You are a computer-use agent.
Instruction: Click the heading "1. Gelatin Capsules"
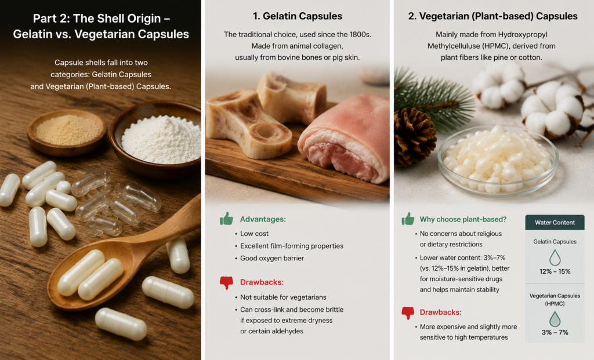point(298,16)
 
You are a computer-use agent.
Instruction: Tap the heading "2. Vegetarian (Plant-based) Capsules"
point(493,16)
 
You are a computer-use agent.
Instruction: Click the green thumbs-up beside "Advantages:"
point(227,219)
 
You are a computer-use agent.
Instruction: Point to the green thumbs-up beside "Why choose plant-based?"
point(408,219)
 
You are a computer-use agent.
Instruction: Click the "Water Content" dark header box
point(555,223)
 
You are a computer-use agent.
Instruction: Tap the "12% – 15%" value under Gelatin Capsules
point(555,271)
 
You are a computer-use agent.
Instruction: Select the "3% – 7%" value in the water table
point(555,332)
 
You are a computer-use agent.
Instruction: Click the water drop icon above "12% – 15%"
point(555,257)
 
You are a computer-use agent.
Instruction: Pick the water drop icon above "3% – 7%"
point(555,319)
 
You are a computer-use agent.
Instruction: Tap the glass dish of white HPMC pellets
point(498,161)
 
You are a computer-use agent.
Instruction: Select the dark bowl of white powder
point(156,140)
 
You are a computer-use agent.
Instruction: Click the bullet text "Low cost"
point(254,234)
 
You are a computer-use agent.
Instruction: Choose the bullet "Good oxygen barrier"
point(272,258)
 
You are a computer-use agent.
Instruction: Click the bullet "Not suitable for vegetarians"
point(283,297)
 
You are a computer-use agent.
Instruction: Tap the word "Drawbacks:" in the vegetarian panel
point(441,312)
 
